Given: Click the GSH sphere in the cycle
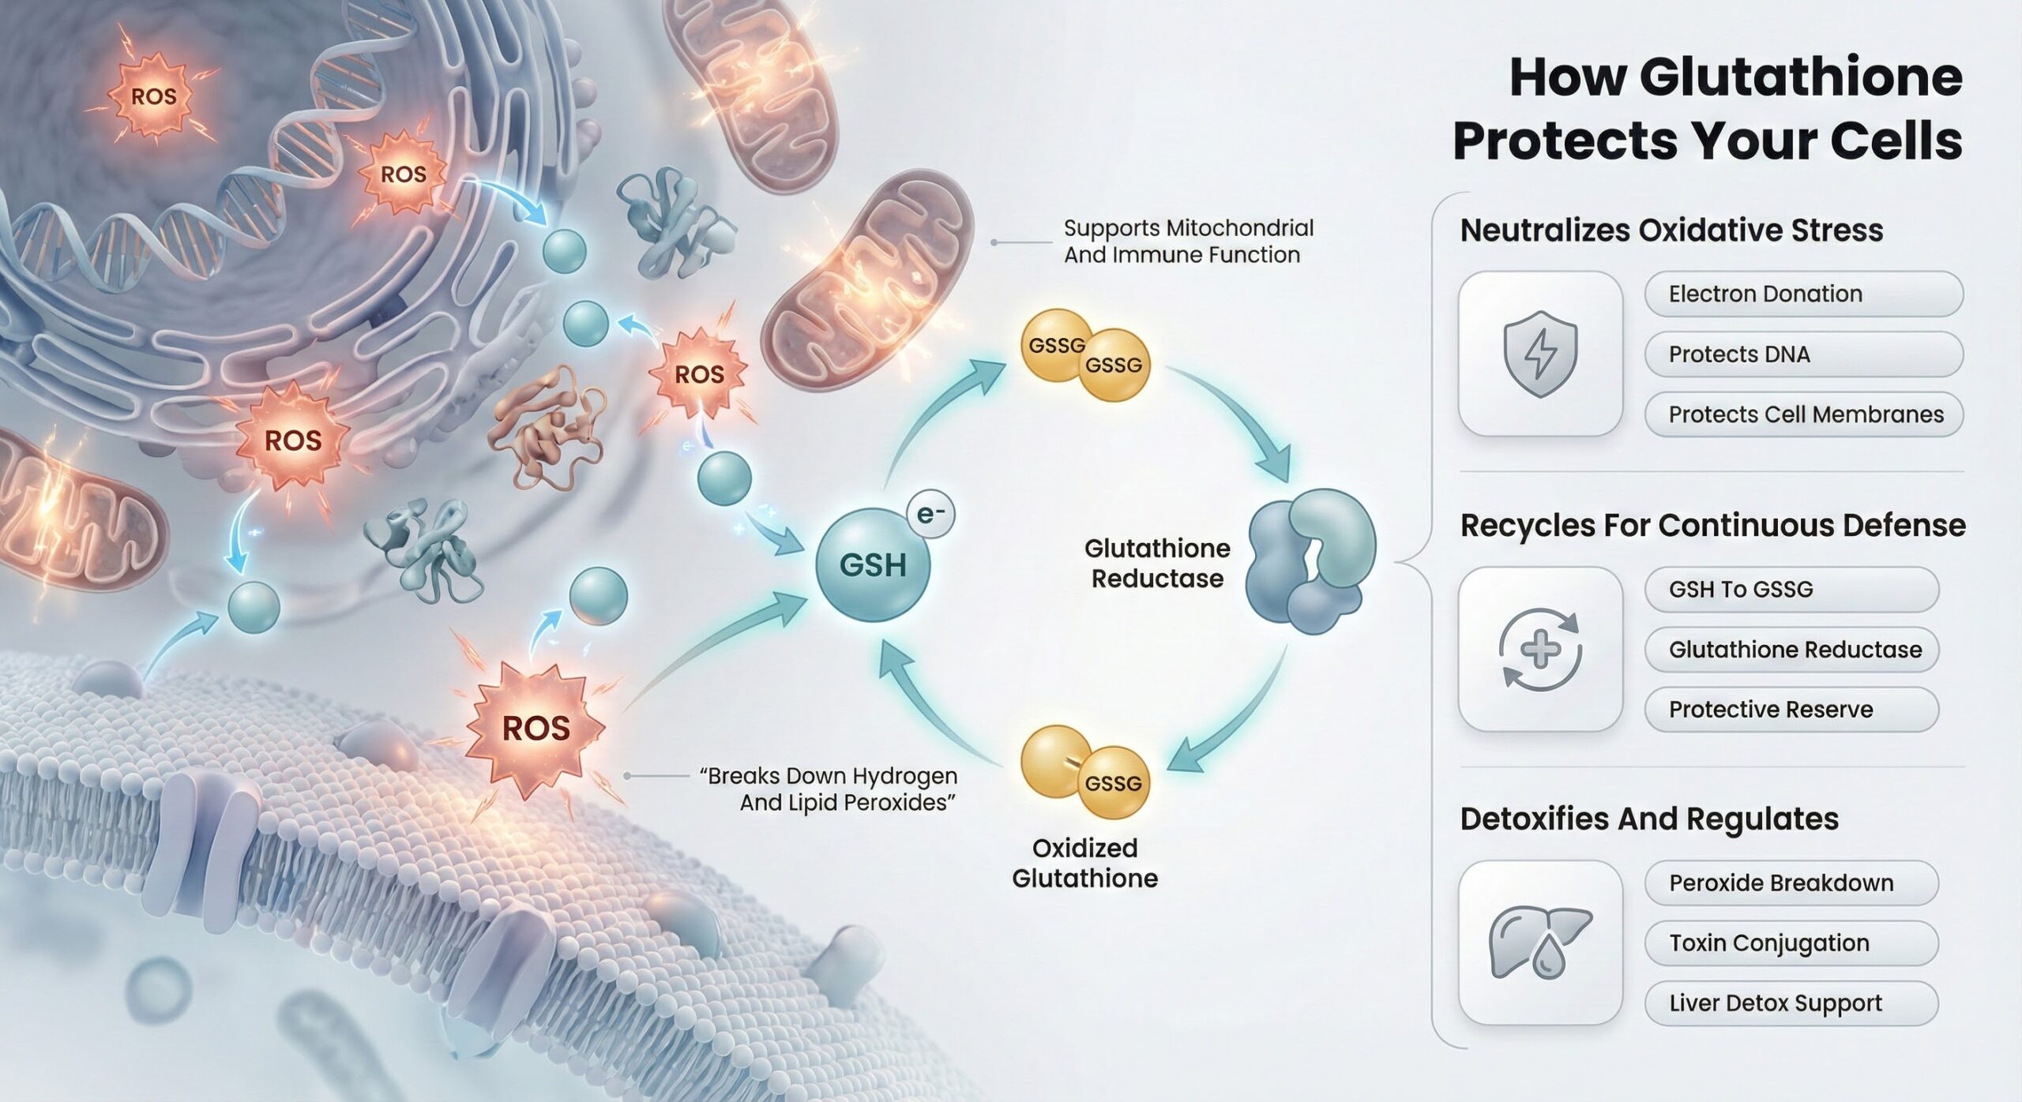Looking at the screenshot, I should (x=873, y=564).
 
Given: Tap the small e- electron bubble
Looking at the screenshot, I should (x=930, y=515).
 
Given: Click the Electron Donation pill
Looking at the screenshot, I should (x=1803, y=294).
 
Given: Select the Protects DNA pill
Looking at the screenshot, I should (x=1803, y=354).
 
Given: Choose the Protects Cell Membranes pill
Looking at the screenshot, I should (x=1803, y=414).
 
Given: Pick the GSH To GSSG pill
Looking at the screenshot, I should (x=1791, y=589).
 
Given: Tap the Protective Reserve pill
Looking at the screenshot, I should (x=1791, y=710).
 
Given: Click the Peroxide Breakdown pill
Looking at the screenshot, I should (x=1791, y=883).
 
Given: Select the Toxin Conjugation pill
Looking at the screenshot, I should (x=1791, y=943).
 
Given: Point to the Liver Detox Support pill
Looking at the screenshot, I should (x=1791, y=1003).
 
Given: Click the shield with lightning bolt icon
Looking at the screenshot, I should (x=1539, y=354).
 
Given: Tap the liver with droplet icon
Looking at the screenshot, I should (x=1539, y=943).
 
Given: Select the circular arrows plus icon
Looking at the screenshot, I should (x=1539, y=649).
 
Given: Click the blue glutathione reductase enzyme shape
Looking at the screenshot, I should (x=1309, y=561).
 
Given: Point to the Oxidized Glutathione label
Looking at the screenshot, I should (x=1084, y=863).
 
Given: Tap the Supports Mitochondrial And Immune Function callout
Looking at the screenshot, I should (x=1188, y=242).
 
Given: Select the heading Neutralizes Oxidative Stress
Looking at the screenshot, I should (x=1671, y=231).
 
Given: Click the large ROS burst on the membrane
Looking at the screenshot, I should (x=536, y=728).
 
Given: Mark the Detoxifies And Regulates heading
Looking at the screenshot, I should (x=1649, y=819).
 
